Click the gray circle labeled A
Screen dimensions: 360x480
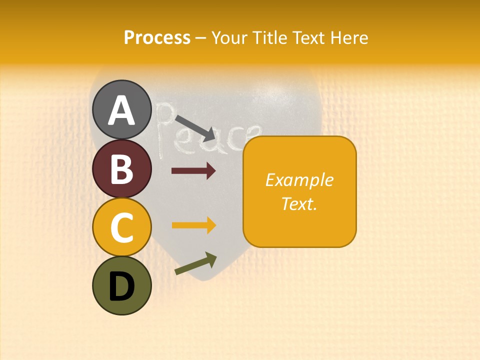121,109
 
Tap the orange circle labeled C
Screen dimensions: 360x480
121,227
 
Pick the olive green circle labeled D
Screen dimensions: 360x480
121,285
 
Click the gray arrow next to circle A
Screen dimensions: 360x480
195,127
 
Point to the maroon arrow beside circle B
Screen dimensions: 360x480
193,171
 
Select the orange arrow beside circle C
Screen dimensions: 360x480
193,225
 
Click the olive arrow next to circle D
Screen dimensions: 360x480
196,263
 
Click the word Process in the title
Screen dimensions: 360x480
157,38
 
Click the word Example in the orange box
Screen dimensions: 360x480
299,180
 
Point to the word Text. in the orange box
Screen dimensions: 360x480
299,203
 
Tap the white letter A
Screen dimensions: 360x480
121,110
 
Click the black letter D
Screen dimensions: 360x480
121,286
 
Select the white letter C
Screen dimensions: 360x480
121,227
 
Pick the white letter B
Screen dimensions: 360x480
121,169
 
